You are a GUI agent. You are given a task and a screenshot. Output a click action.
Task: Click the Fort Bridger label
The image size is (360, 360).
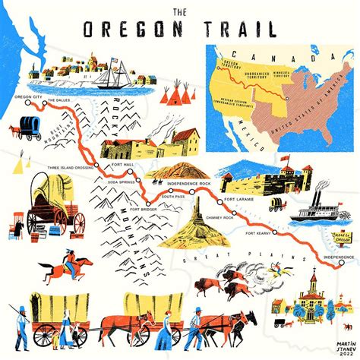[145, 208]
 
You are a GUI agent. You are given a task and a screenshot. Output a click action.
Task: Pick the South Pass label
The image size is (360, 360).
[173, 197]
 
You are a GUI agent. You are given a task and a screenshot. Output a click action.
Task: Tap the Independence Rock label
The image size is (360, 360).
[190, 184]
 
